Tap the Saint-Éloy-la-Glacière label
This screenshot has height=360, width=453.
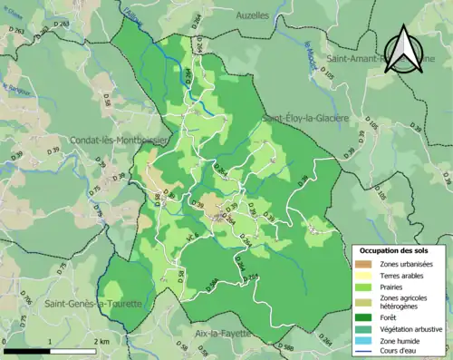306,118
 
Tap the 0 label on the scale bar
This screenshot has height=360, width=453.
6,341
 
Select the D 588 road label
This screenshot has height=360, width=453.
283,346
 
